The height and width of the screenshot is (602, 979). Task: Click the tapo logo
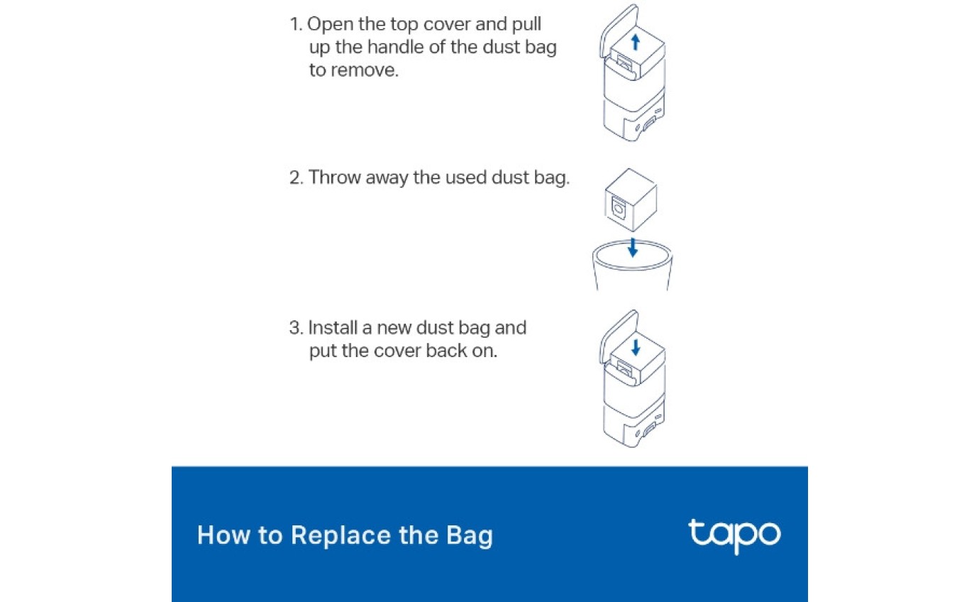pyautogui.click(x=734, y=535)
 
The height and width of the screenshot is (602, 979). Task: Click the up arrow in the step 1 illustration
pyautogui.click(x=636, y=42)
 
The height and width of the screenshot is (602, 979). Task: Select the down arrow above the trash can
pyautogui.click(x=632, y=247)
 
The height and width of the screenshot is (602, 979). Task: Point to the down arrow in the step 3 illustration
pyautogui.click(x=636, y=346)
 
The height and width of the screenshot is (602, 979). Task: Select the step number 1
pyautogui.click(x=294, y=24)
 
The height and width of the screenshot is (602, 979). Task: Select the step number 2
pyautogui.click(x=295, y=177)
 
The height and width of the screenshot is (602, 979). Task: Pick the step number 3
pyautogui.click(x=295, y=328)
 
